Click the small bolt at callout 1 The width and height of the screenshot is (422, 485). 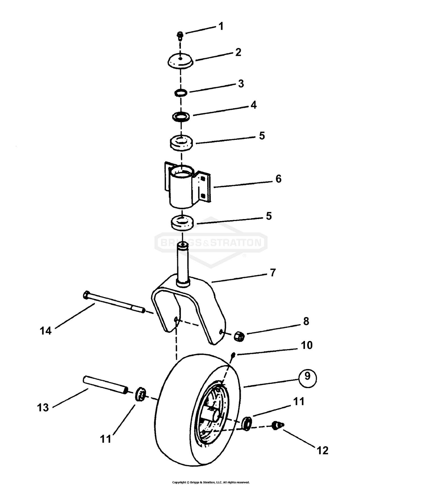click(180, 35)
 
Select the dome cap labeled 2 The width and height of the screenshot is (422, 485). click(181, 61)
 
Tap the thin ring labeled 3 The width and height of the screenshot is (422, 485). click(180, 92)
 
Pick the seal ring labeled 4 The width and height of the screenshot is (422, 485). click(181, 116)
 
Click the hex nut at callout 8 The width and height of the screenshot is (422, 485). click(239, 336)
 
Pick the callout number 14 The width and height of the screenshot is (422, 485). click(46, 331)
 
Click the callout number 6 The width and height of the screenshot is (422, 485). click(278, 179)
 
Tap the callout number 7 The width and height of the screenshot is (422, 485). click(273, 273)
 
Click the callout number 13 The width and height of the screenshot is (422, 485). click(43, 407)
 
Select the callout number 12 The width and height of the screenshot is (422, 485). click(322, 450)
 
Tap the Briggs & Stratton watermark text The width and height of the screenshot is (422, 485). click(211, 242)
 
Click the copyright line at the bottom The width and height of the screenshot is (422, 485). click(211, 482)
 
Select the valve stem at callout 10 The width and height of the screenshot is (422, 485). click(233, 355)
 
